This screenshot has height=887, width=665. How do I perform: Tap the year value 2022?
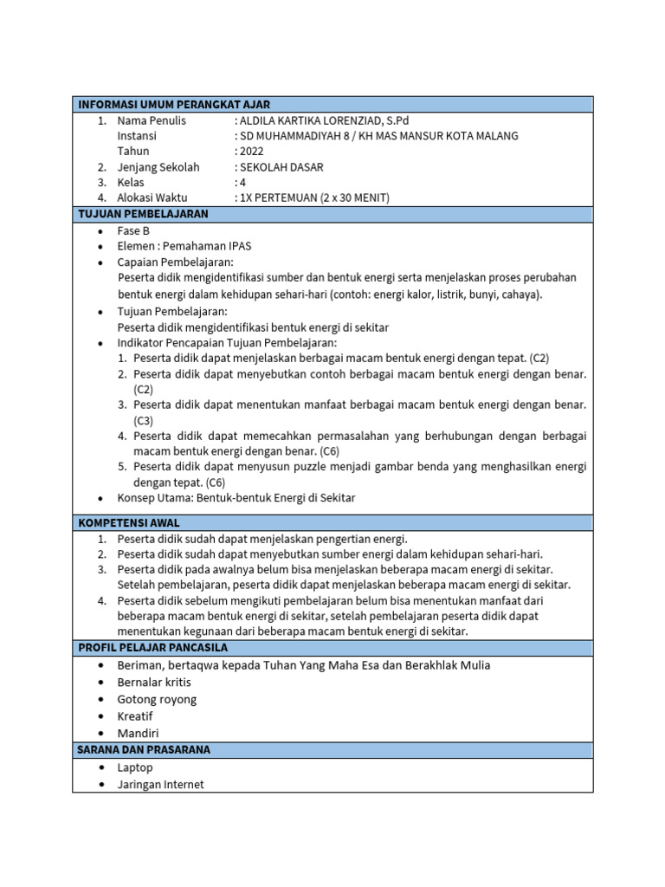(251, 152)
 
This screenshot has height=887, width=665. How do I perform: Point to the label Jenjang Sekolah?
(158, 167)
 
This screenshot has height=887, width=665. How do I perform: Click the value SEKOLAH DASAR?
(281, 167)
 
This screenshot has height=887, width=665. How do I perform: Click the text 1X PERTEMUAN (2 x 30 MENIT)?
(313, 197)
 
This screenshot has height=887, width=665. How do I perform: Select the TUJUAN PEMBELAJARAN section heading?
(143, 214)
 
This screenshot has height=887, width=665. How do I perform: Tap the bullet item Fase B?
(133, 231)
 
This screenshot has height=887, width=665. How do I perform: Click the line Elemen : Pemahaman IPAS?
(184, 246)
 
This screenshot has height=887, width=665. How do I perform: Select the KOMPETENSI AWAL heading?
(129, 523)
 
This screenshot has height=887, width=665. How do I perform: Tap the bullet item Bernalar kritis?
(154, 683)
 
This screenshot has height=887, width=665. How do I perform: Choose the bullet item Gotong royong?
(157, 699)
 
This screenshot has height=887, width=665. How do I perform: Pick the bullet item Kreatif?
(135, 716)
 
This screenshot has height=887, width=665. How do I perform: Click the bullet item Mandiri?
(138, 733)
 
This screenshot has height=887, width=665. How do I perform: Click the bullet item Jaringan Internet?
(161, 784)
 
